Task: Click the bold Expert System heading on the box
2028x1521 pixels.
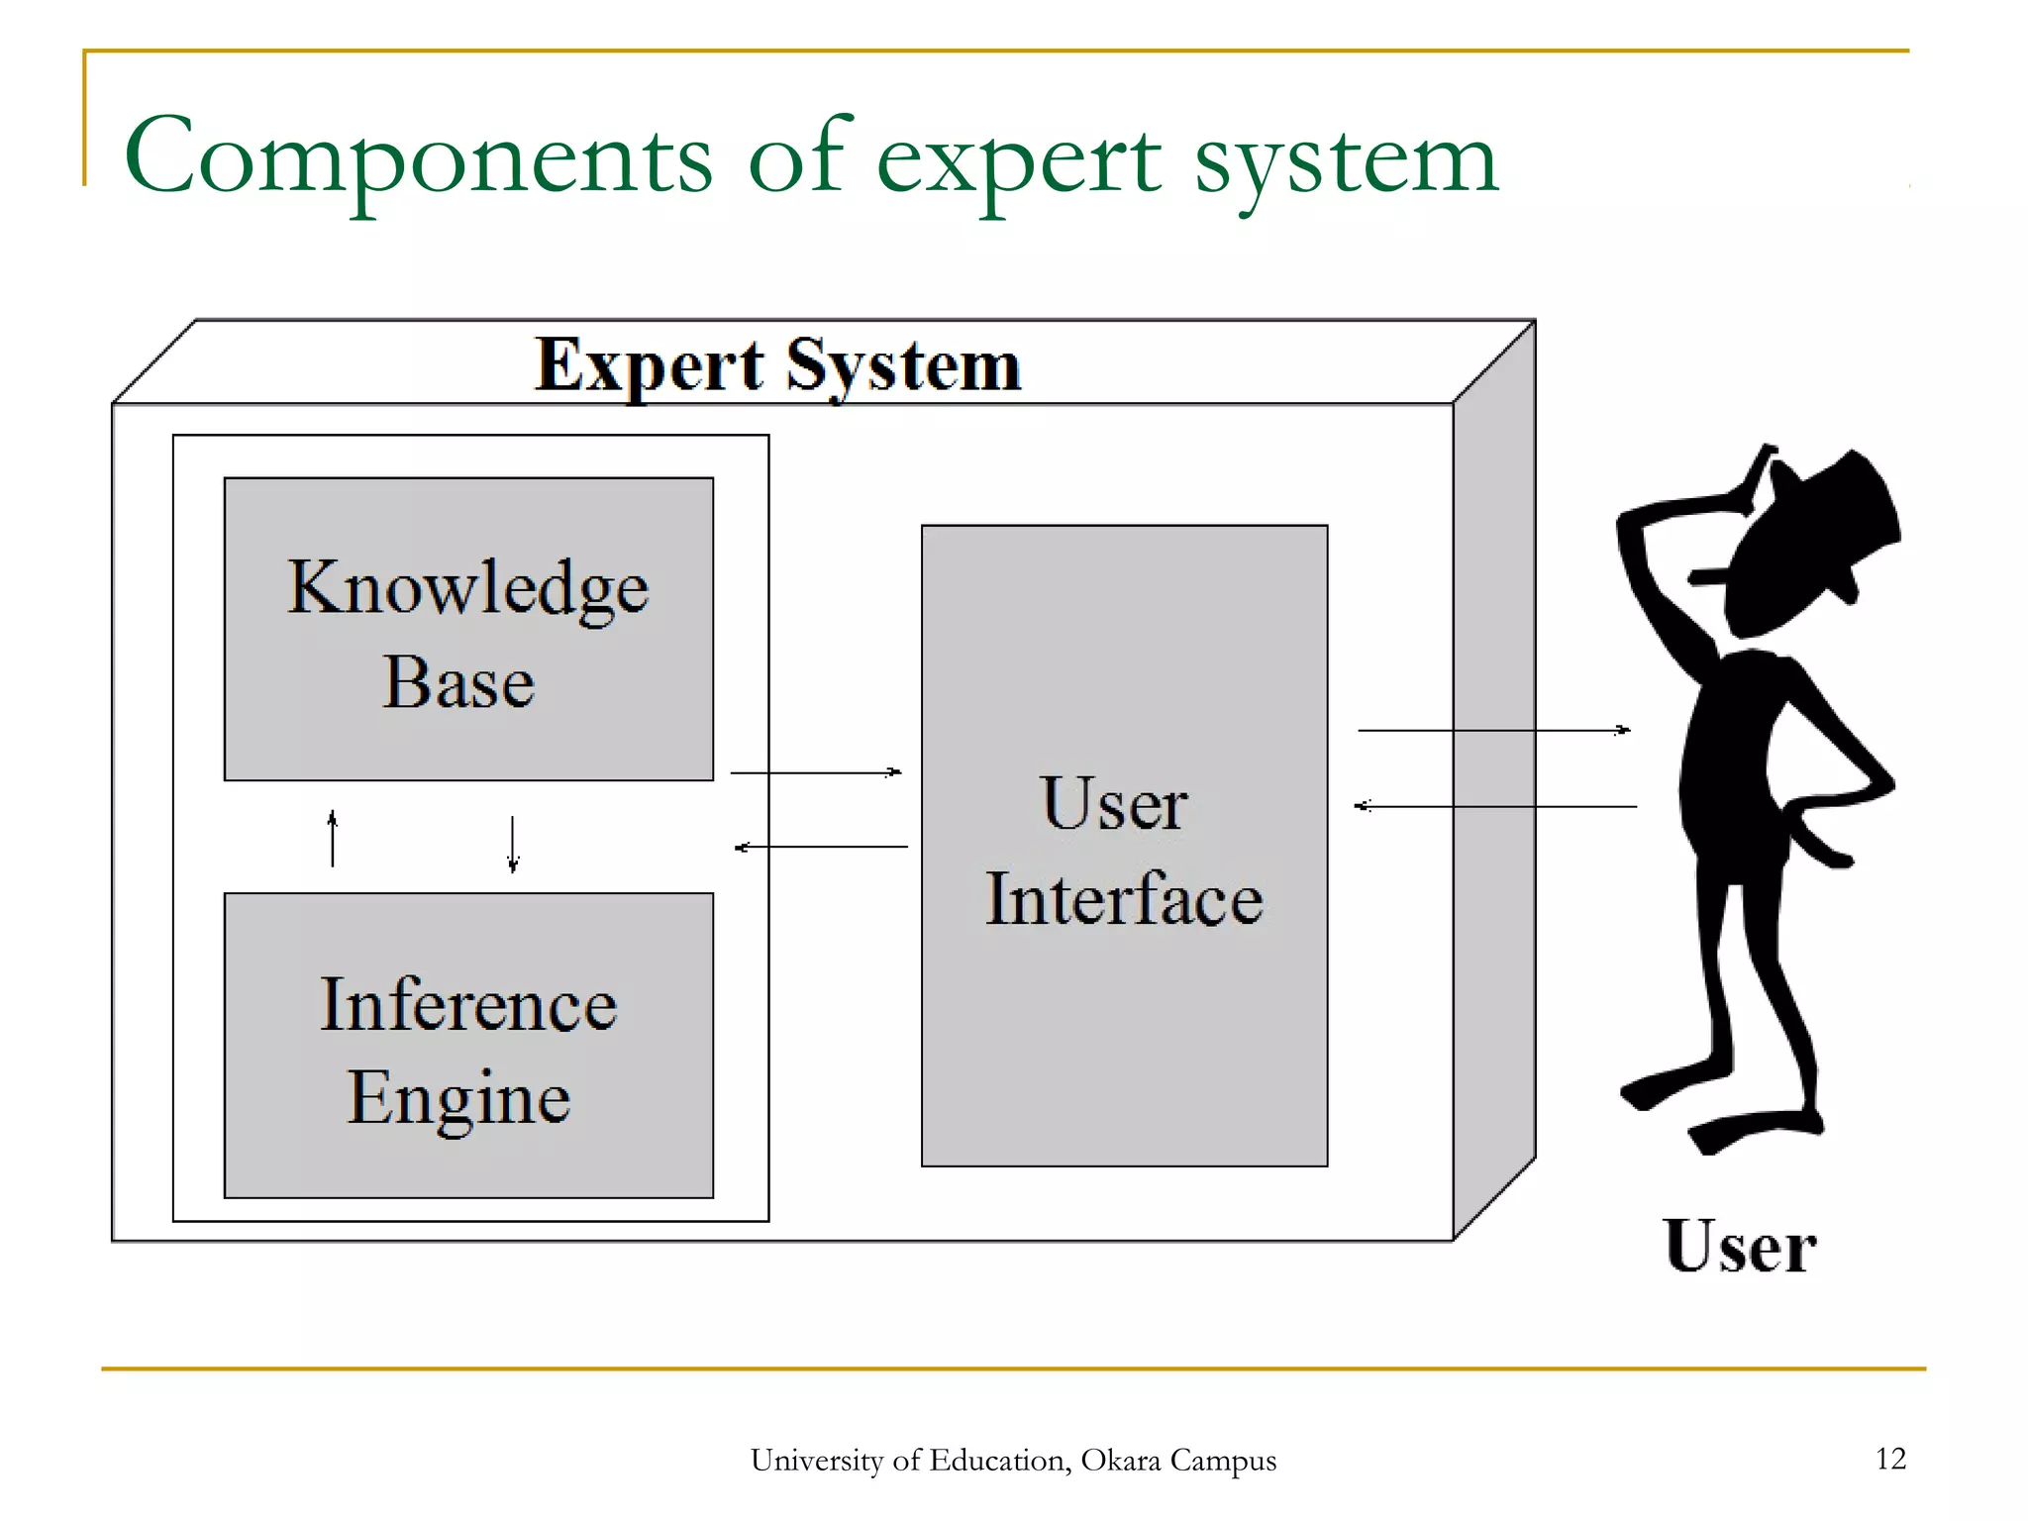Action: [777, 365]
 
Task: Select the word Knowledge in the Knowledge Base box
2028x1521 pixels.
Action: [467, 588]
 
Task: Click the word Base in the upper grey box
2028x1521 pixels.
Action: [458, 682]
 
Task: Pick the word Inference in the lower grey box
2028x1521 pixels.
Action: [468, 1005]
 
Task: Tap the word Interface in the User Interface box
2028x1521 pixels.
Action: [1124, 898]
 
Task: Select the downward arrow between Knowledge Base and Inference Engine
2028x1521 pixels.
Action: [512, 844]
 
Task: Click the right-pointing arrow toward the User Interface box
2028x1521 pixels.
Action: [816, 771]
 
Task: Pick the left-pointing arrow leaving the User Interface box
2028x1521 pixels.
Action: [821, 847]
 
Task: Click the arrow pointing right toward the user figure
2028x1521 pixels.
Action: [1493, 730]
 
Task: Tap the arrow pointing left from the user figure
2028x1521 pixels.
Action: [1495, 806]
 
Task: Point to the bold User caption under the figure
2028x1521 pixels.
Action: [1740, 1247]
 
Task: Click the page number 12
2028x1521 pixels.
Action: [1890, 1459]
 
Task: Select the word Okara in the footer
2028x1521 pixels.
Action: [1120, 1461]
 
